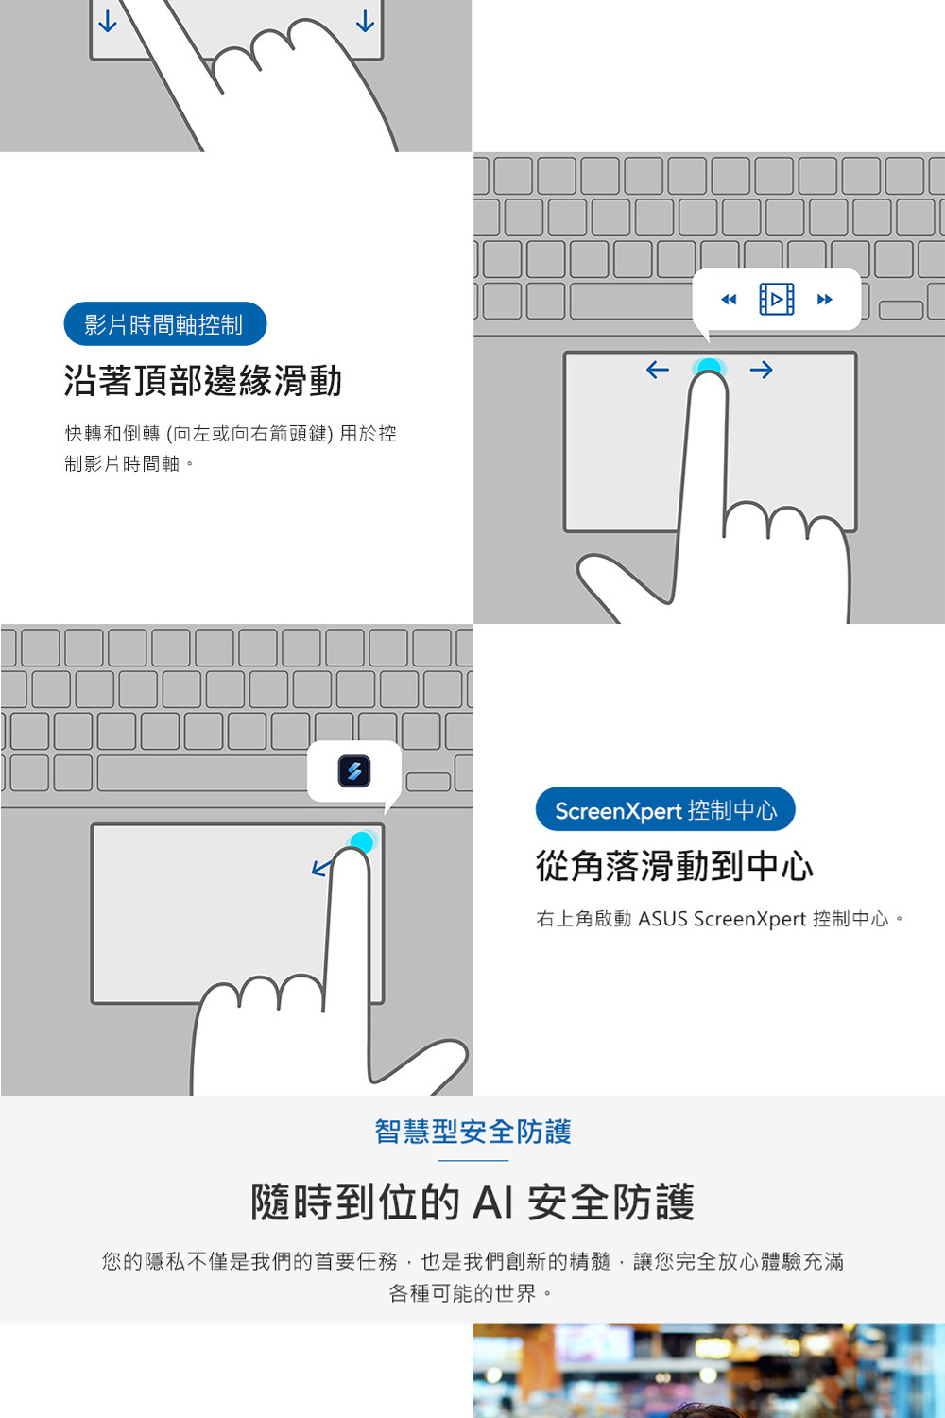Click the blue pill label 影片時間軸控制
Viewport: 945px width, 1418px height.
point(165,324)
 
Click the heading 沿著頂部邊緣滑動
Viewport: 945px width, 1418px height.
point(202,380)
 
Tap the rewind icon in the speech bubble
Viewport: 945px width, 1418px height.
point(729,300)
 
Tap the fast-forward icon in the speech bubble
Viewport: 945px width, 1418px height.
point(825,300)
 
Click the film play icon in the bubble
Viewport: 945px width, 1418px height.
point(777,299)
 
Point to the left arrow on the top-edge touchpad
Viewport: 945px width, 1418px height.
point(658,369)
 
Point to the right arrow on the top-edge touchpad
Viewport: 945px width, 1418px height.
point(761,370)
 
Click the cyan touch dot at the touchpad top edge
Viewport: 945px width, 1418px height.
point(708,367)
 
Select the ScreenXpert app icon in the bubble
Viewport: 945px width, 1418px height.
point(353,771)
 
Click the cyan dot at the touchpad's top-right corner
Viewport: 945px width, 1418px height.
point(362,840)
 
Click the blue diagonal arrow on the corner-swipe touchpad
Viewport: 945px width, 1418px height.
point(321,868)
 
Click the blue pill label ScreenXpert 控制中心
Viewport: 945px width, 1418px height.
point(665,809)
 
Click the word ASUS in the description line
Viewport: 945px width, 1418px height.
point(662,919)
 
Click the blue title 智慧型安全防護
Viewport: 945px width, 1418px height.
point(472,1132)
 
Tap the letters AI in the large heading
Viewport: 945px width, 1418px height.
point(492,1202)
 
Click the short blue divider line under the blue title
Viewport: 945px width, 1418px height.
point(472,1160)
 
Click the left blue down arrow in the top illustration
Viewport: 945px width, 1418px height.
point(108,21)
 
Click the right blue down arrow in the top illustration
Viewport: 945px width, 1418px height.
point(365,21)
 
